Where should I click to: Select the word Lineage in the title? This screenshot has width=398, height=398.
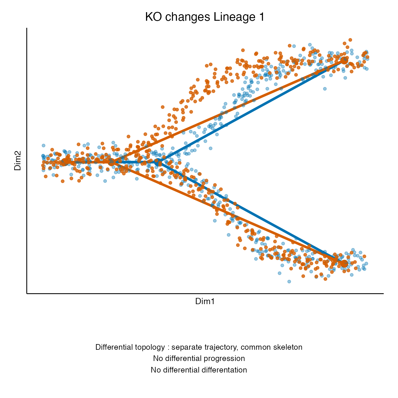[234, 17]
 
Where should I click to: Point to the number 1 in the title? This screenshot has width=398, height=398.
[261, 17]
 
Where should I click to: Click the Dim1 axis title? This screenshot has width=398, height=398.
[205, 301]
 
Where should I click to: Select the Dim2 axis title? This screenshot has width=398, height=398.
[17, 161]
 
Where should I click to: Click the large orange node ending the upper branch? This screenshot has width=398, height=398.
[344, 60]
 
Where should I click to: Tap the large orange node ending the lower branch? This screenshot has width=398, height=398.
[344, 264]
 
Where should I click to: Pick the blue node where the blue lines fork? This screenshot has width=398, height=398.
[158, 162]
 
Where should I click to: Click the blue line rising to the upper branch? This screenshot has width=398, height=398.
[251, 111]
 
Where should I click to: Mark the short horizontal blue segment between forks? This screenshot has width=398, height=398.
[135, 162]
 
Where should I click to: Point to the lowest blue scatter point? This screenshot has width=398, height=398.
[289, 282]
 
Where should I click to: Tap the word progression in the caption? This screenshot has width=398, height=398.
[224, 359]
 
